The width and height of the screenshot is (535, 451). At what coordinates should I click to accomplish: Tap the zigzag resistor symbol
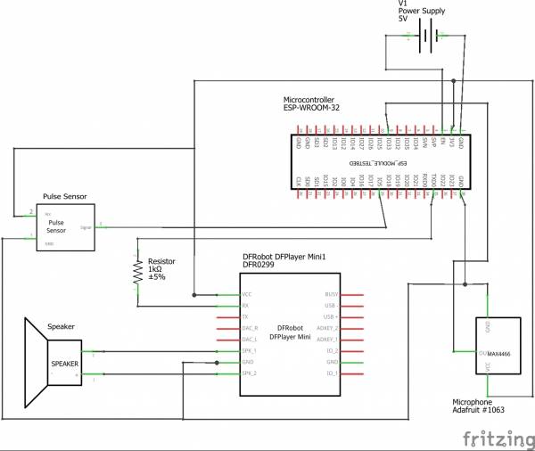coord(137,272)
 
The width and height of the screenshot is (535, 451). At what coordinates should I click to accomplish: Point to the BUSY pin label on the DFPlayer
coord(331,293)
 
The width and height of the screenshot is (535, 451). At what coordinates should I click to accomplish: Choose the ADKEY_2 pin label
coord(327,328)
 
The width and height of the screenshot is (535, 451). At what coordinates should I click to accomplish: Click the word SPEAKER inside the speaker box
coord(65,364)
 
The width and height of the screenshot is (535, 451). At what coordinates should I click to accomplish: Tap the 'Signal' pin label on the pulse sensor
coord(86,227)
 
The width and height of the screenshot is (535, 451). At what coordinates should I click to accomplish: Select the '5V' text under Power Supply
coord(403,18)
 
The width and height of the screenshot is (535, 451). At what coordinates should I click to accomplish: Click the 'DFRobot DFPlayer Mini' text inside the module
coord(289,332)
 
